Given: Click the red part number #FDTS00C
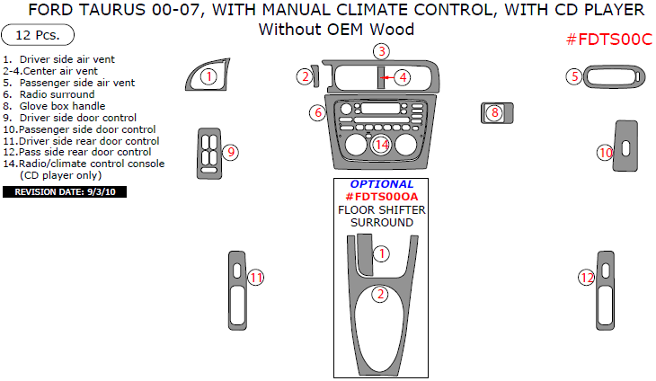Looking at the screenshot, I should click(x=608, y=40).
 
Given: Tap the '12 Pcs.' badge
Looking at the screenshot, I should click(x=38, y=36).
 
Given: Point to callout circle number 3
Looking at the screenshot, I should click(x=381, y=51).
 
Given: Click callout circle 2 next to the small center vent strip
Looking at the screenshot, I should click(x=304, y=76).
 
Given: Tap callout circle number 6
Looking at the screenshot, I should click(x=317, y=112).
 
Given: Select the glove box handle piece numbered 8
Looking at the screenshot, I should click(x=495, y=112).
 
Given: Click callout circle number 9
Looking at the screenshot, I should click(x=230, y=152).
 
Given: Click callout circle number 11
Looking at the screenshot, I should click(x=256, y=278).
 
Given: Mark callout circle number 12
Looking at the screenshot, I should click(x=586, y=278).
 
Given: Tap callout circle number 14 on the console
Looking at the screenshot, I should click(x=382, y=144).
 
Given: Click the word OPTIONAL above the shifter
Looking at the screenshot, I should click(x=382, y=184).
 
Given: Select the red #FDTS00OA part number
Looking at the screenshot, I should click(x=382, y=197).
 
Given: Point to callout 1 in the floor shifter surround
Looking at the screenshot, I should click(x=381, y=253).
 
